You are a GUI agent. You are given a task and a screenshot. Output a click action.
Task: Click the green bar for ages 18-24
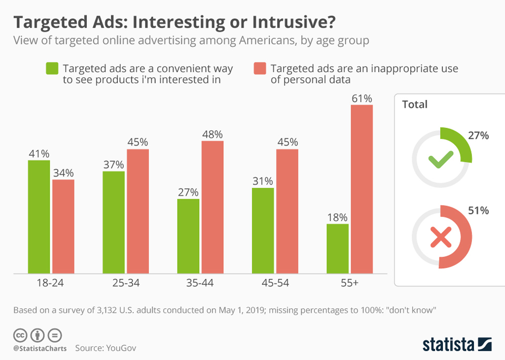tap(39, 216)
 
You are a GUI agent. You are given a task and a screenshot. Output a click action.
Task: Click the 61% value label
tap(361, 99)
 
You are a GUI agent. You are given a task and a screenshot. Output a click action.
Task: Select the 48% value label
tap(213, 135)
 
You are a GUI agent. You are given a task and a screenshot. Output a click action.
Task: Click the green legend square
tap(52, 69)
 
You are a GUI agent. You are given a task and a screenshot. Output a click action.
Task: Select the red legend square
tap(259, 69)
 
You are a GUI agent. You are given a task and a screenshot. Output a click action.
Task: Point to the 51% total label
tap(478, 211)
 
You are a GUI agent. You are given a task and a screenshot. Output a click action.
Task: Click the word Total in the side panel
tap(415, 105)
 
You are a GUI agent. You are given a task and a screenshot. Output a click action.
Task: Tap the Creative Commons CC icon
tap(20, 335)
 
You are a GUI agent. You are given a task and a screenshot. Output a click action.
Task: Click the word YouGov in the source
tap(121, 348)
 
